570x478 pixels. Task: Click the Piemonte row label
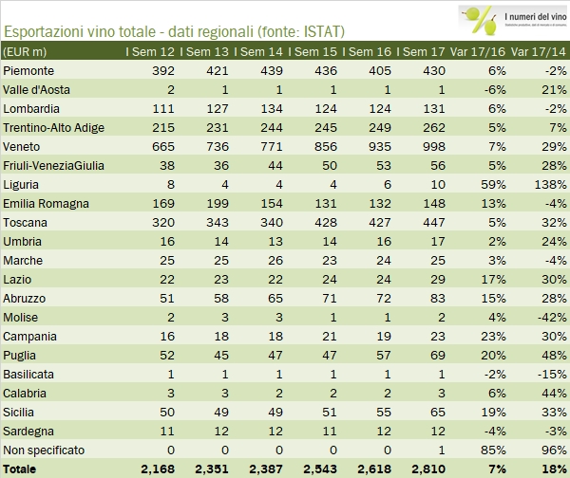point(30,71)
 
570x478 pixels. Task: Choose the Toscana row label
point(27,222)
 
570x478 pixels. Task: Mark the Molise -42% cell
point(546,317)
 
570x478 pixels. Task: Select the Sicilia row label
point(23,412)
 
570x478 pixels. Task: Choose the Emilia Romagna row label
point(47,203)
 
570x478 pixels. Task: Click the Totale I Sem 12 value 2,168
point(158,469)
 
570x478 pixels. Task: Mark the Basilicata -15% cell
point(546,374)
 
